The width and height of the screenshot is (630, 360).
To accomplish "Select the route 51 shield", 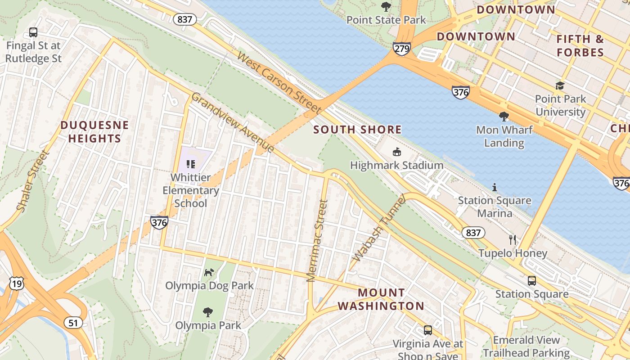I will click(x=73, y=322).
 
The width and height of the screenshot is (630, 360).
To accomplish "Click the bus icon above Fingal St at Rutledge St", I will click(x=33, y=32).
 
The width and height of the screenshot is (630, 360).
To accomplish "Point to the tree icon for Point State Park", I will click(x=386, y=7).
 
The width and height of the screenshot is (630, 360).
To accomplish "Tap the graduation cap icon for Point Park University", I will click(x=560, y=85).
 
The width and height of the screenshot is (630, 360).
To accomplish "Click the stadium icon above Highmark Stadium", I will click(x=396, y=152).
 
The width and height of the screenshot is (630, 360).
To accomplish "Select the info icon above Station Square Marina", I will click(x=495, y=187).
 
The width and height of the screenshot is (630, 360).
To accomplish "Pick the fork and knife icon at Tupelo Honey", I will click(x=513, y=239).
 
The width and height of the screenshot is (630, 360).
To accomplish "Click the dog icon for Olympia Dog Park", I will click(x=209, y=272).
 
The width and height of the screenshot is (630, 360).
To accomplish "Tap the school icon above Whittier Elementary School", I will click(x=190, y=164).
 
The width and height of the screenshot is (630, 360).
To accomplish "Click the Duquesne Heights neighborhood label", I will click(x=94, y=131).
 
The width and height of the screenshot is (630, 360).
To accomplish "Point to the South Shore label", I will click(x=357, y=130).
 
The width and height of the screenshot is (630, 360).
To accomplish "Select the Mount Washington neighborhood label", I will click(x=381, y=299).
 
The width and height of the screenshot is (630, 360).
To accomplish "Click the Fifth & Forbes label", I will click(x=580, y=45).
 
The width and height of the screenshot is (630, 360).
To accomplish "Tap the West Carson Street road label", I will click(x=279, y=83).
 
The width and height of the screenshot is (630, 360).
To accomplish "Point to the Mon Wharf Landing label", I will click(x=504, y=136).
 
